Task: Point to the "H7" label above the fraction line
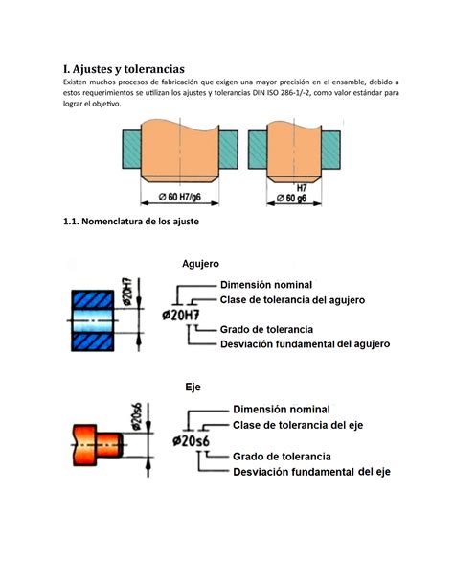click(300, 187)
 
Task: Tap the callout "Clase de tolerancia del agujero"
click(292, 300)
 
